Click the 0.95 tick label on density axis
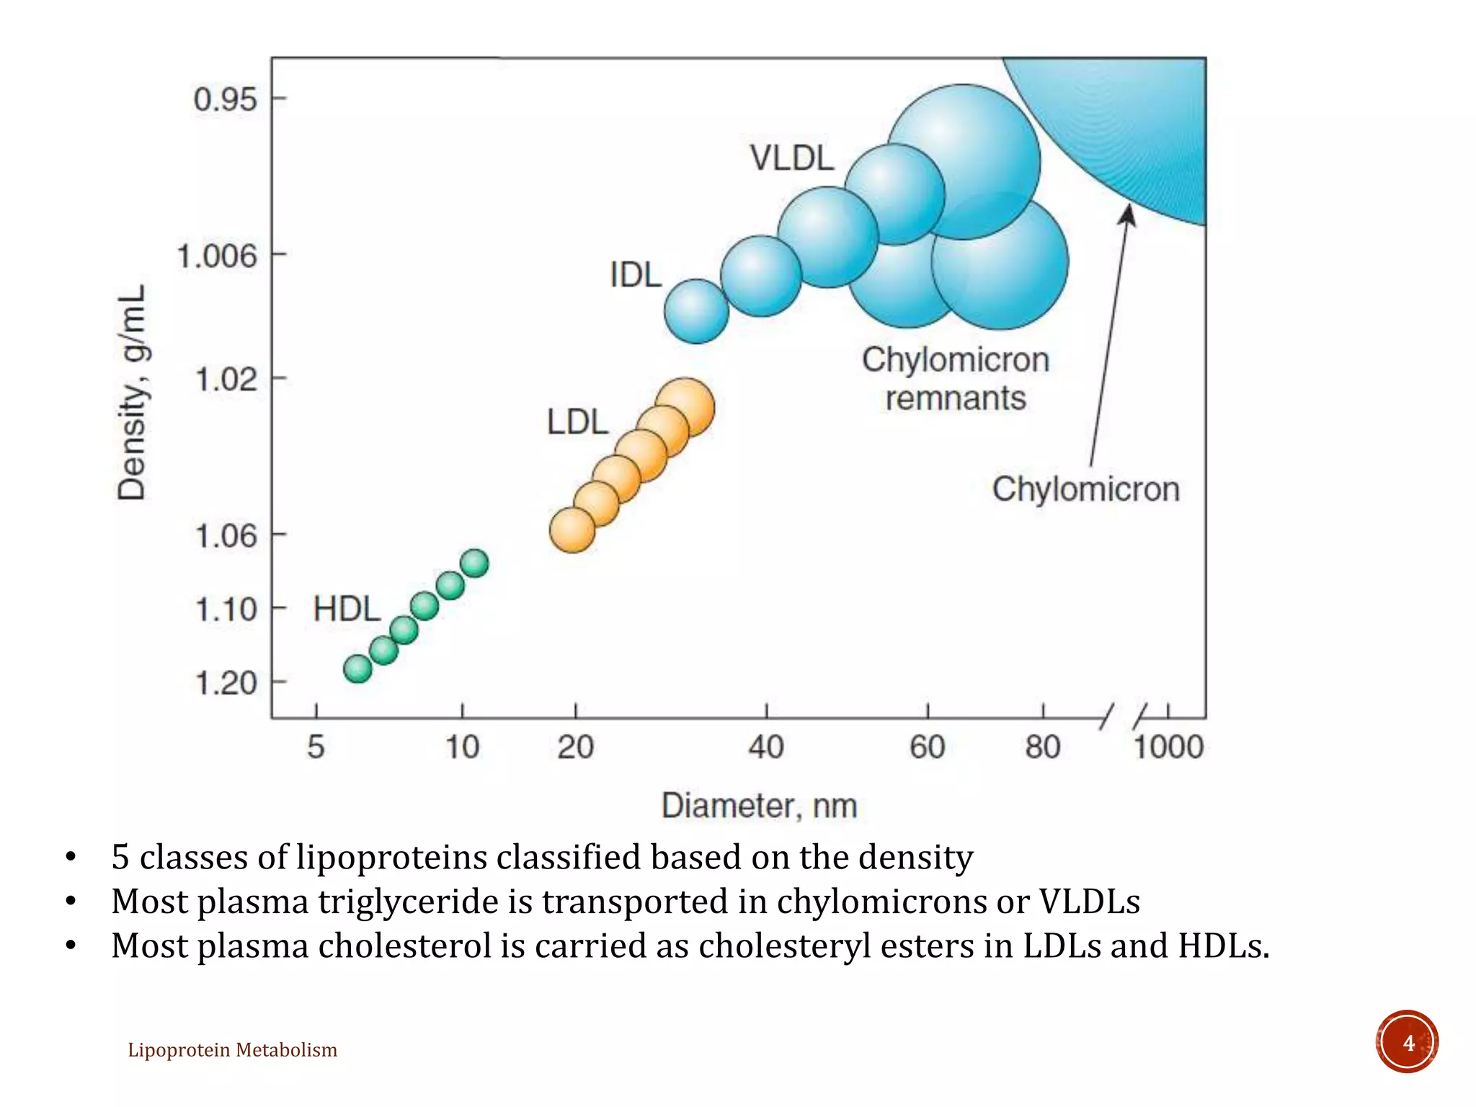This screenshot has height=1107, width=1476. point(225,99)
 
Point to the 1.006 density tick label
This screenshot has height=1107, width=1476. point(217,256)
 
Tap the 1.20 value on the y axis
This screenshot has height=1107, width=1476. point(226,683)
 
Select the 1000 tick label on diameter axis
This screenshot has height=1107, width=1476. point(1168,747)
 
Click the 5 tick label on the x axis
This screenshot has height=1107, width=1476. point(316,747)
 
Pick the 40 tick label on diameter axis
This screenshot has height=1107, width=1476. point(765,747)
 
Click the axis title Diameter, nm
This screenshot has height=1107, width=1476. point(759,806)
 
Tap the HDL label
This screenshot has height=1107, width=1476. point(347,610)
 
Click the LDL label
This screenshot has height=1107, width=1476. point(577,422)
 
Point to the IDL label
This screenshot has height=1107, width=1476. point(635,275)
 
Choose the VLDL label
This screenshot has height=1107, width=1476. point(791,159)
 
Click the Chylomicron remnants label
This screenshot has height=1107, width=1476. point(956,379)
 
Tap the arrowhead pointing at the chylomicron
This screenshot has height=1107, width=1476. point(1128,214)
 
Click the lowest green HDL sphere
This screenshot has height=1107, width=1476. point(357,669)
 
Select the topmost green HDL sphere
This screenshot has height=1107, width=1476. point(474,563)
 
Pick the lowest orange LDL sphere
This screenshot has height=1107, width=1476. point(572,530)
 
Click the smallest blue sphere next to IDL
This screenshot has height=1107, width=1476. point(696,311)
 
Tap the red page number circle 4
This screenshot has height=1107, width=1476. point(1407,1042)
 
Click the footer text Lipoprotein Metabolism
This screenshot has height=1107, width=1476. point(232,1050)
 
